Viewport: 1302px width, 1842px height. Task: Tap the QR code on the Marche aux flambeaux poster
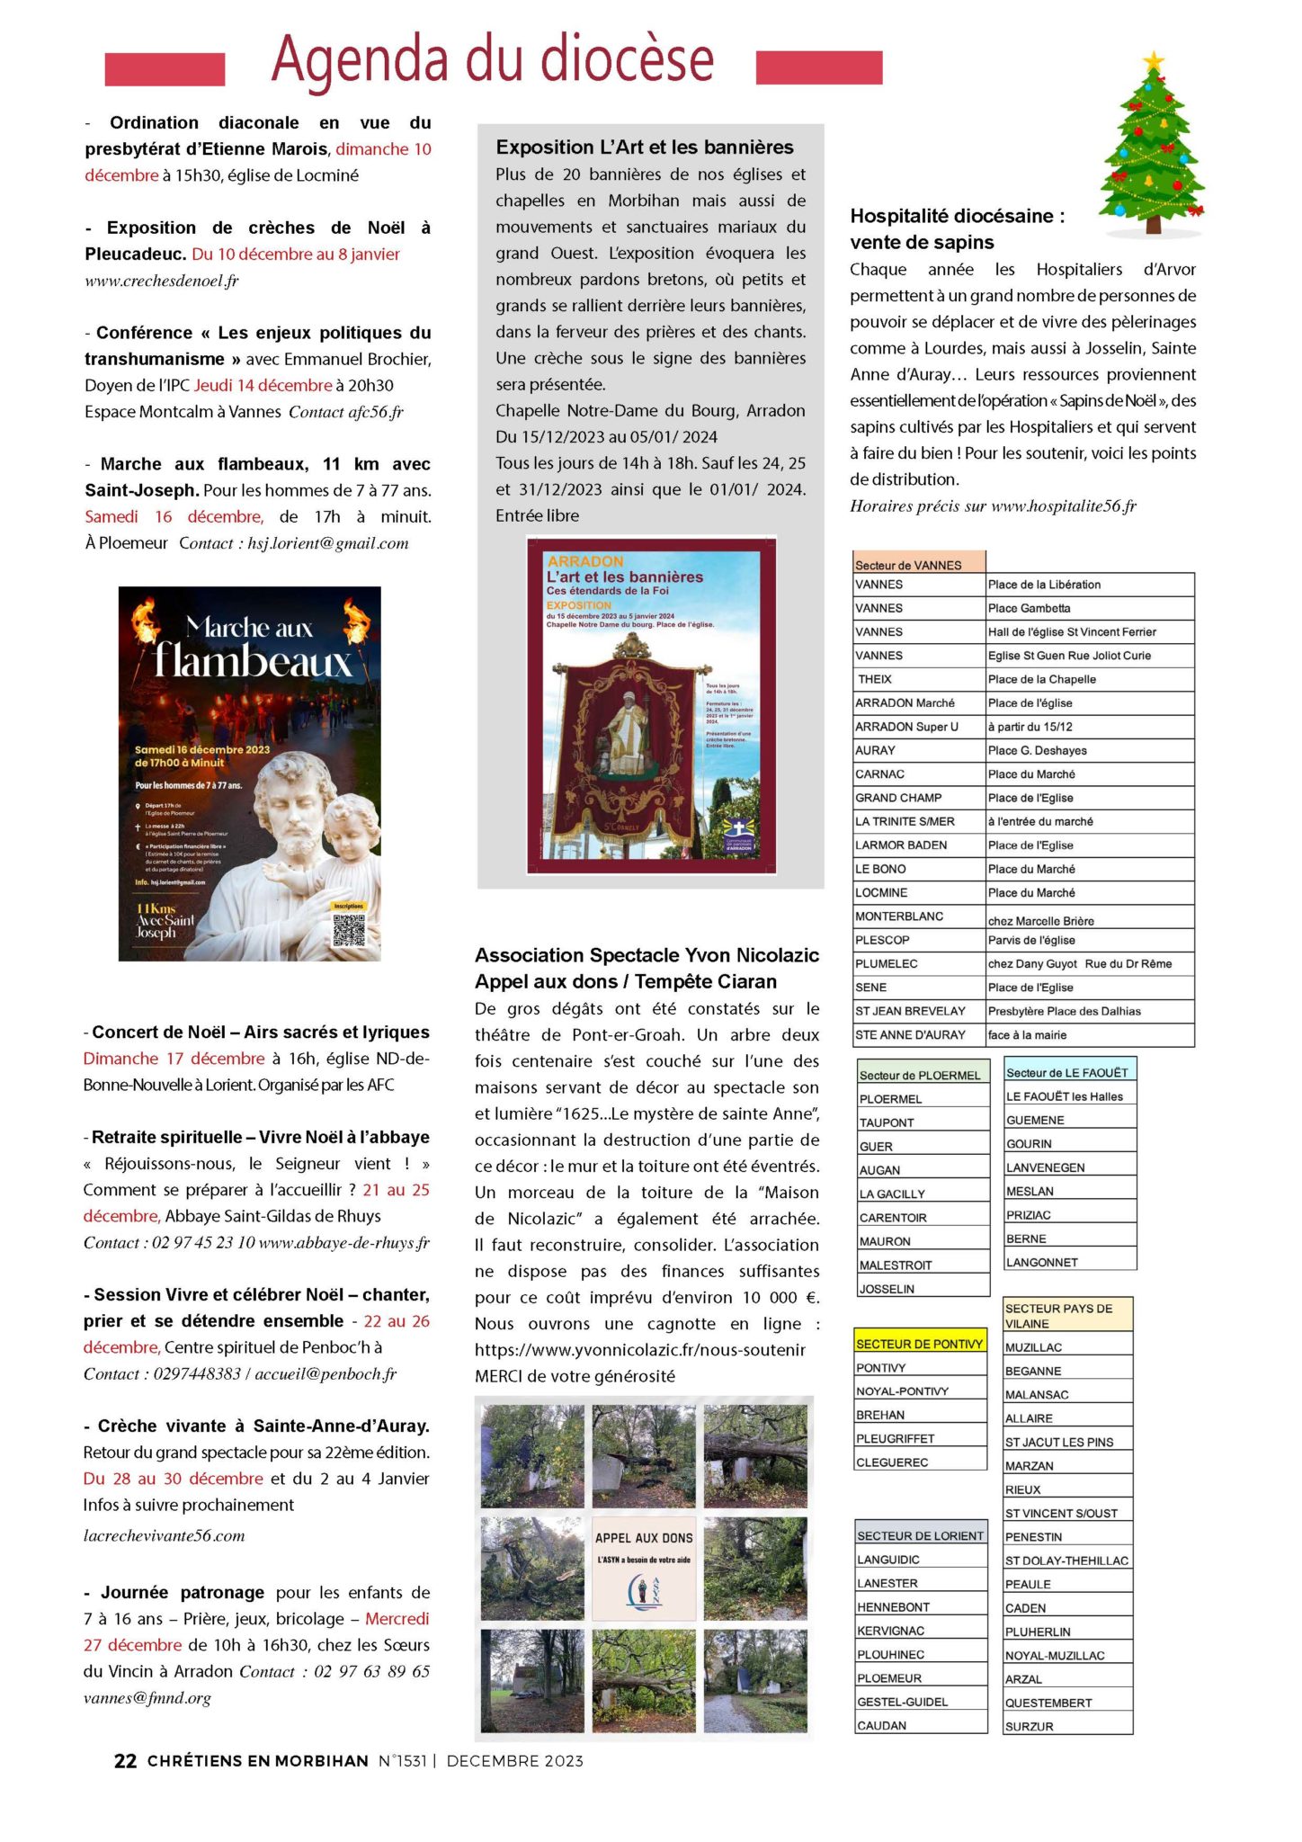[349, 929]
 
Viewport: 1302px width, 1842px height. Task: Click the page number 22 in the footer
[125, 1760]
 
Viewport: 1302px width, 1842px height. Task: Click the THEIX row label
[874, 679]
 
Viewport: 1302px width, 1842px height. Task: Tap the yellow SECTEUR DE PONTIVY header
[919, 1344]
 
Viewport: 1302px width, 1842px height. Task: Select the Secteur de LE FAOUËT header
[1067, 1072]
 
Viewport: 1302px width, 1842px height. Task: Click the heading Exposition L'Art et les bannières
[645, 148]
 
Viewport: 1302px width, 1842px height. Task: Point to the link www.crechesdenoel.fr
[162, 281]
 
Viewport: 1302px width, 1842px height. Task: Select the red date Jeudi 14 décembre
[263, 386]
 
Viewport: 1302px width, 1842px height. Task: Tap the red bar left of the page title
[165, 69]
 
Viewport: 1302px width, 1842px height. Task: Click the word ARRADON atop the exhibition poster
[585, 561]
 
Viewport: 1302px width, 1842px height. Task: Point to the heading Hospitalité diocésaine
[957, 216]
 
